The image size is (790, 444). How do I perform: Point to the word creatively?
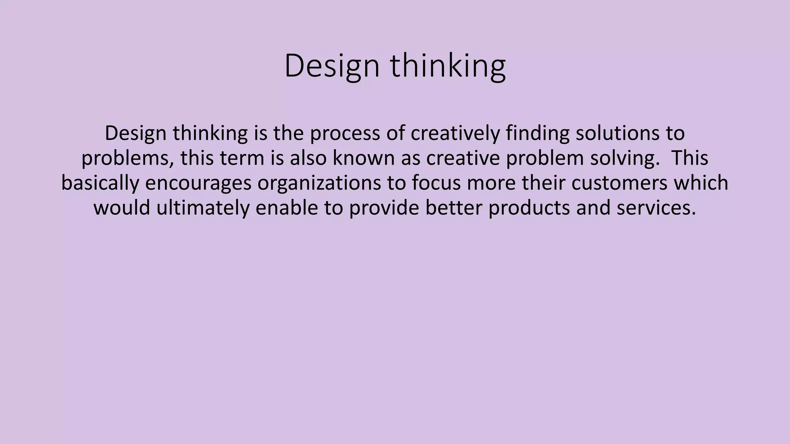pos(455,133)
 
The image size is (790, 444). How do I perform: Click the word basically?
pos(100,183)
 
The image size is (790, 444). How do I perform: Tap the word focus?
pos(436,183)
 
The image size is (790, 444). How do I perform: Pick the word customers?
pos(619,183)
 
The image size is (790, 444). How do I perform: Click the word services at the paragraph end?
pos(656,208)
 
